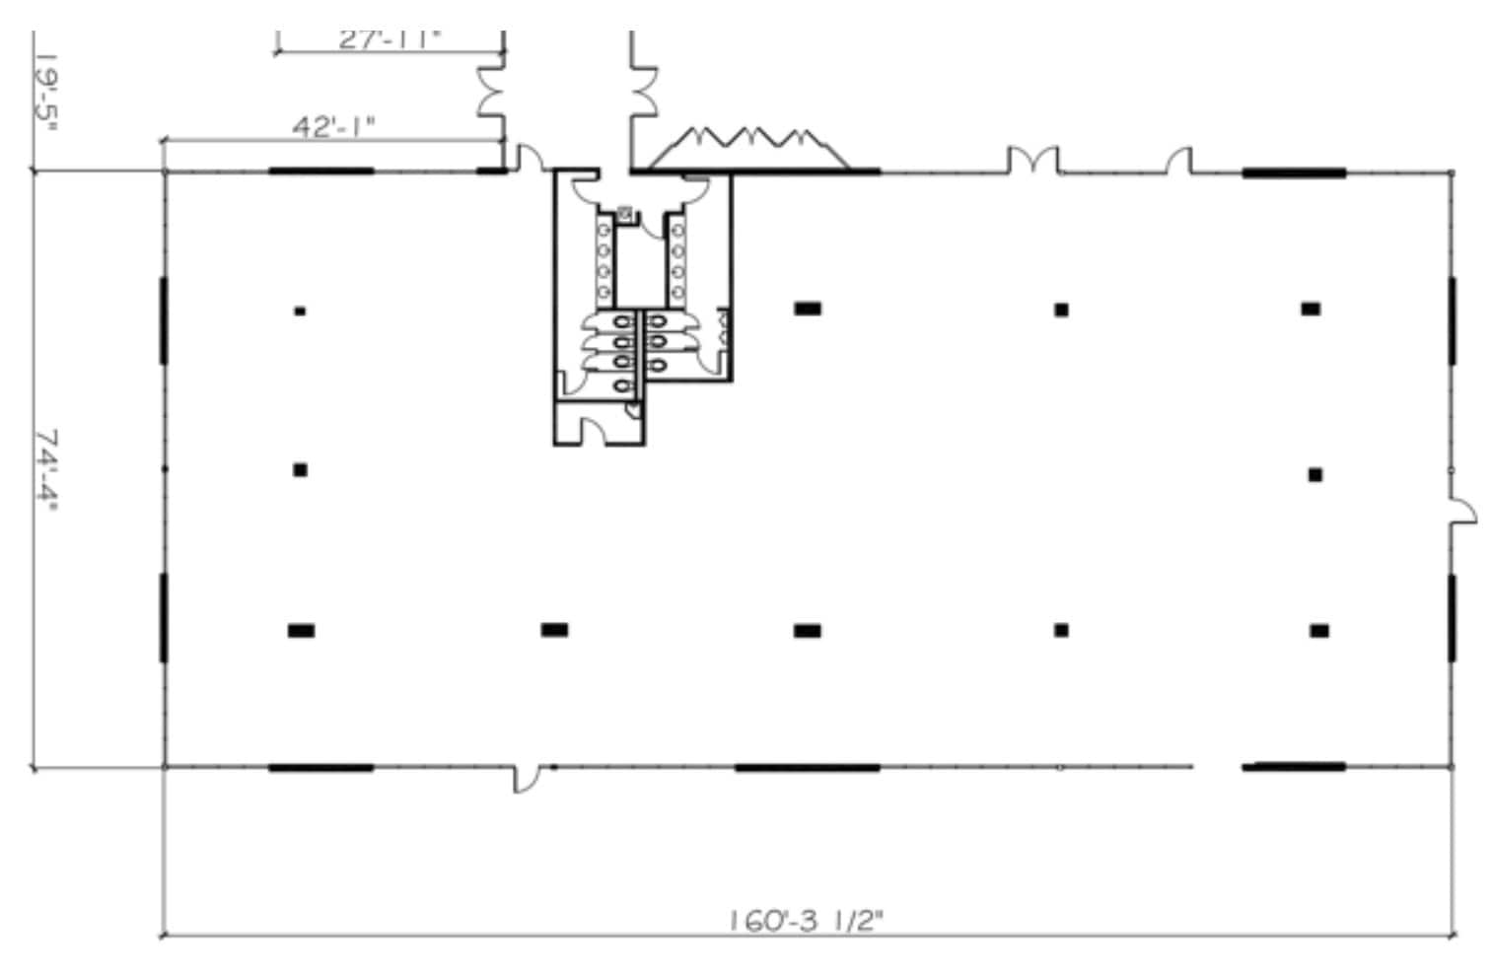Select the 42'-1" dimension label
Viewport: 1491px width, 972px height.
[x=333, y=127]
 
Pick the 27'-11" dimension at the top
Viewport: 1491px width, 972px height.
[x=390, y=39]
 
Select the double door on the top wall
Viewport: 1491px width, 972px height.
[x=1032, y=160]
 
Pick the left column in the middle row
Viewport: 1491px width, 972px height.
[x=300, y=470]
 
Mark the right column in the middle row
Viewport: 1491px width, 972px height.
[x=1315, y=475]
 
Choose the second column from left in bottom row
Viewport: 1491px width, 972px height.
[x=554, y=630]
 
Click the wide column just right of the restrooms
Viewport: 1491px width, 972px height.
[x=808, y=309]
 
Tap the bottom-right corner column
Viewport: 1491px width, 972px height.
[x=1319, y=631]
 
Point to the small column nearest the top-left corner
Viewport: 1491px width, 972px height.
[x=300, y=312]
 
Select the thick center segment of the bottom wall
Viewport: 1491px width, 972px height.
[x=807, y=767]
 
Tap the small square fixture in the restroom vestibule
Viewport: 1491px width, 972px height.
[x=624, y=211]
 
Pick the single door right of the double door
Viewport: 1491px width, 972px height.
[x=1178, y=160]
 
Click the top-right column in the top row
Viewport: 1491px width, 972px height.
[x=1311, y=310]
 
